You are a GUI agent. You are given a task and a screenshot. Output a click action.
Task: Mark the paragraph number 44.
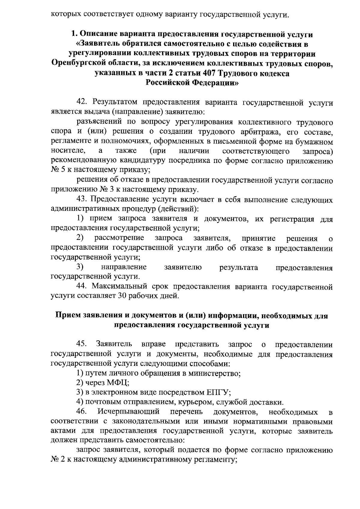pos(82,287)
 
